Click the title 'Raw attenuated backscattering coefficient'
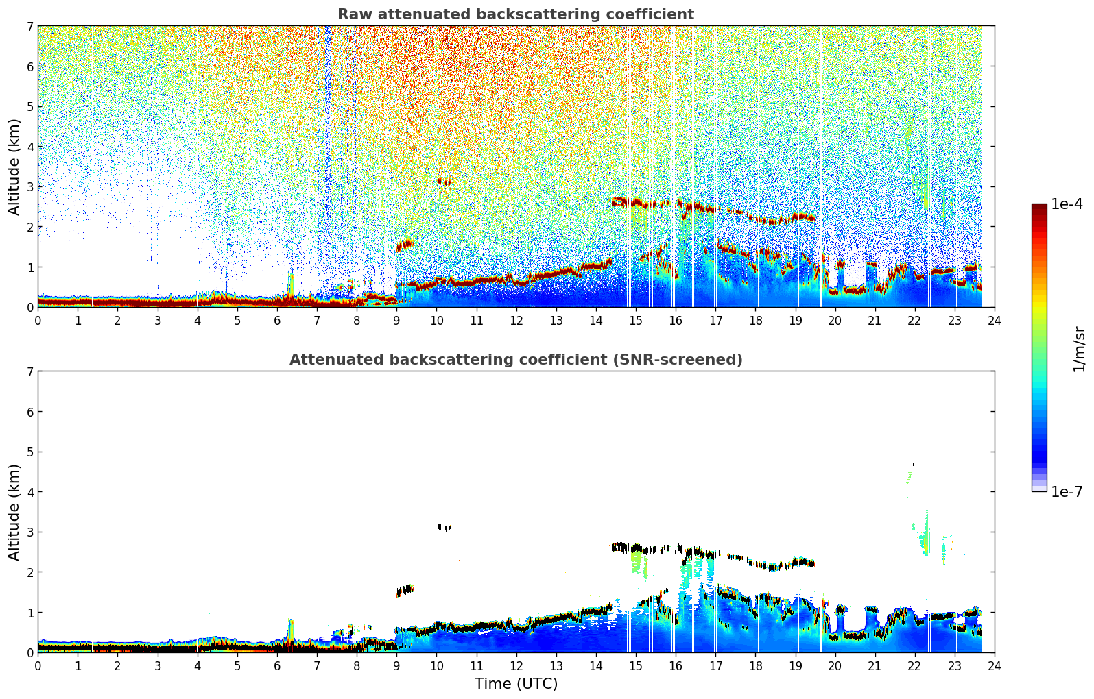(x=515, y=14)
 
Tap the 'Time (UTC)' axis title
(x=516, y=684)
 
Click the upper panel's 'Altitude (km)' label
(x=14, y=167)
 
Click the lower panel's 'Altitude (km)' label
(x=14, y=512)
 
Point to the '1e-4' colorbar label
(x=1067, y=204)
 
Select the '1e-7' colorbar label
(x=1067, y=491)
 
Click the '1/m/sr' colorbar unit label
(x=1079, y=349)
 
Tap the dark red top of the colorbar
(x=1039, y=207)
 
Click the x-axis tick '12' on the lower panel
(x=516, y=665)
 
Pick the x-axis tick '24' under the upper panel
(x=994, y=320)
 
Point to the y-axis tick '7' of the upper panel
(x=29, y=27)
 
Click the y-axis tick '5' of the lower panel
(x=29, y=452)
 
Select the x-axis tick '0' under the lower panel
(x=38, y=665)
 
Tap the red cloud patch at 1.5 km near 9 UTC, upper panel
(x=405, y=245)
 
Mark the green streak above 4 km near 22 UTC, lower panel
(x=909, y=477)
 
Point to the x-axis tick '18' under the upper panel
(x=755, y=320)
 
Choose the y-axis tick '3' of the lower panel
(x=29, y=532)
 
